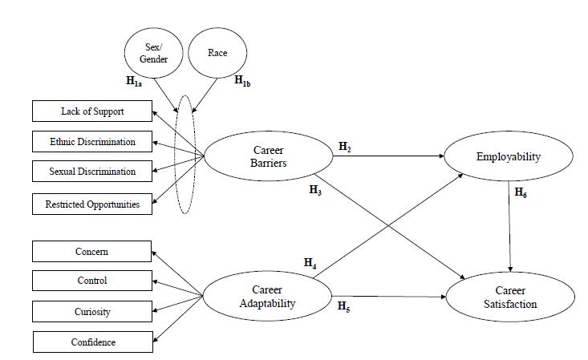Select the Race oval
[x=217, y=54]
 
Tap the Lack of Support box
[x=92, y=111]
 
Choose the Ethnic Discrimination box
[x=92, y=142]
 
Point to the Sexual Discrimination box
[x=92, y=172]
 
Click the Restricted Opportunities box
[x=92, y=204]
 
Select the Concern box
[x=92, y=252]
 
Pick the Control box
[x=92, y=281]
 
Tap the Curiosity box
[x=92, y=311]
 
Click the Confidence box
[x=92, y=342]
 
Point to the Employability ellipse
[x=508, y=157]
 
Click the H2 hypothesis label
[x=345, y=147]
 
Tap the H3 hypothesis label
[x=315, y=190]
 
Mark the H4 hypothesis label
[x=310, y=262]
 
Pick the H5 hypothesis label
[x=344, y=306]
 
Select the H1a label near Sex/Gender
[x=135, y=81]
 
